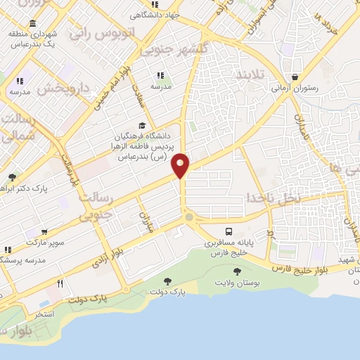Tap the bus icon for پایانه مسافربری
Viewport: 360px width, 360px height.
tap(229, 231)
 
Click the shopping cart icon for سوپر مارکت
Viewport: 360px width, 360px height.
tap(45, 232)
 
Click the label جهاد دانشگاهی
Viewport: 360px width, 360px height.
tap(160, 14)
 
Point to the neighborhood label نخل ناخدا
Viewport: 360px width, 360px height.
tap(282, 199)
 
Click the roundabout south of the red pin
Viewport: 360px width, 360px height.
tap(188, 218)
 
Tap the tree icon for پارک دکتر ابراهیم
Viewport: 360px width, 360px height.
tap(12, 176)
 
